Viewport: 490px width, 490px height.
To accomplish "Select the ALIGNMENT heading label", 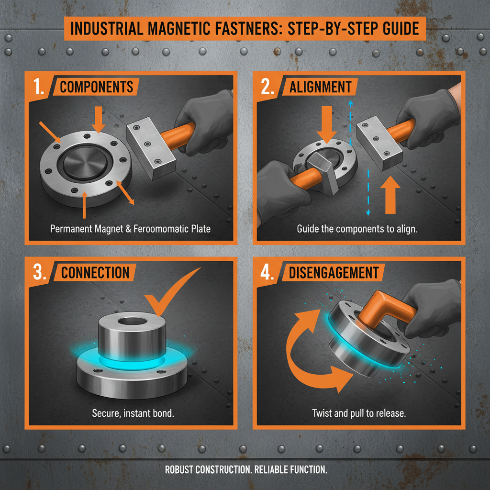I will tap(320, 87).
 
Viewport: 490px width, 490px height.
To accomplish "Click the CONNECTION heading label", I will tap(95, 273).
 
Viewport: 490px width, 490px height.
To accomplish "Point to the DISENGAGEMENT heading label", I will tap(334, 273).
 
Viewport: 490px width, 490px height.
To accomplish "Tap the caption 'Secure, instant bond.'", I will tap(133, 412).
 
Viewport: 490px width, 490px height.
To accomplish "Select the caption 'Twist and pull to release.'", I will tap(358, 412).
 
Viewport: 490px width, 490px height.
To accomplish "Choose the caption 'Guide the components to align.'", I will tap(357, 229).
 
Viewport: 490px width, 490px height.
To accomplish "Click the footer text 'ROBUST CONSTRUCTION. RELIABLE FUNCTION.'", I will tap(246, 470).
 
